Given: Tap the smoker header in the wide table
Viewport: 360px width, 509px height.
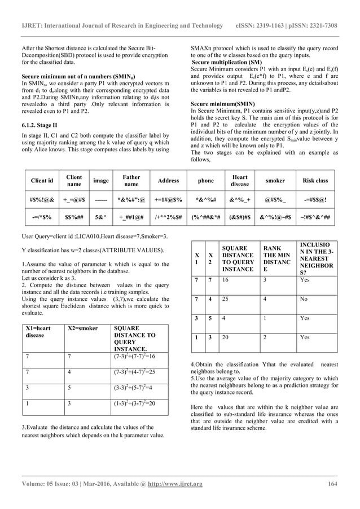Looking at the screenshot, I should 275,181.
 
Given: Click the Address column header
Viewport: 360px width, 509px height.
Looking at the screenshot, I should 168,181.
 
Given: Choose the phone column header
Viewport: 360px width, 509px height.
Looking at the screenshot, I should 205,181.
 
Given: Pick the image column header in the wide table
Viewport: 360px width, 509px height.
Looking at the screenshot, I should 101,181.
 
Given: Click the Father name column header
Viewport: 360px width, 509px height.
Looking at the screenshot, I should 131,181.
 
